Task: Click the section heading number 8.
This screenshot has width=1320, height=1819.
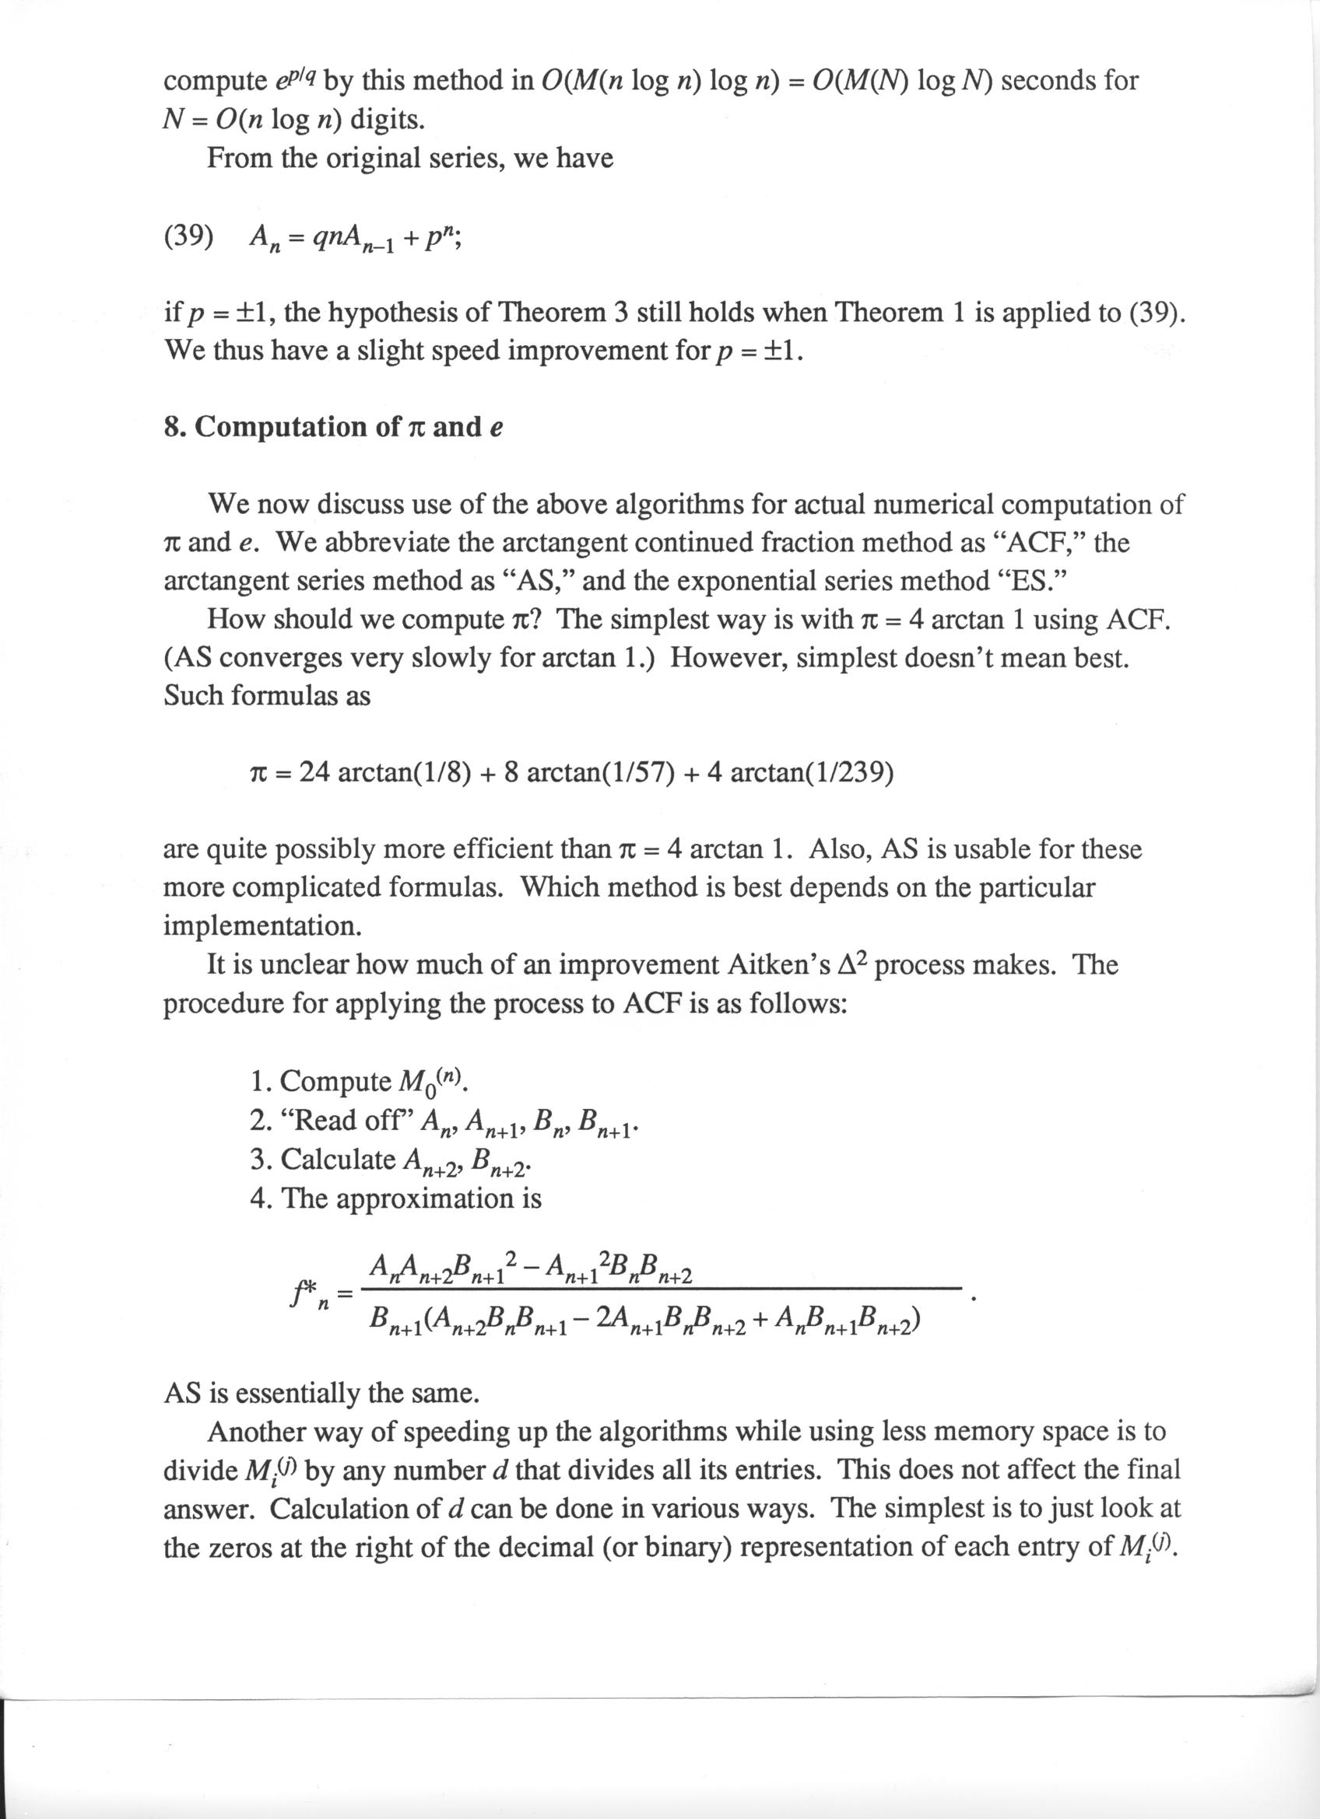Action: click(x=171, y=427)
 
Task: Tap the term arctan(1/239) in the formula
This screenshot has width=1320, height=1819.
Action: click(x=813, y=772)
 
